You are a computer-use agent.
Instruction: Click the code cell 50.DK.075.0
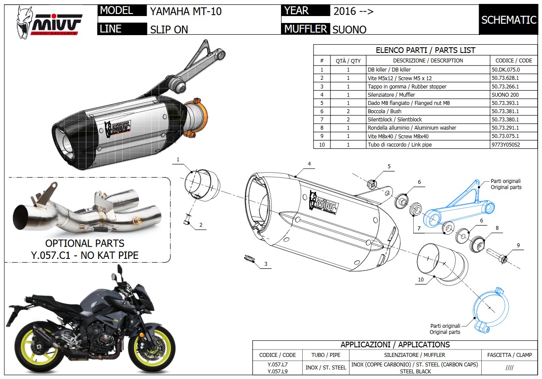[505, 69]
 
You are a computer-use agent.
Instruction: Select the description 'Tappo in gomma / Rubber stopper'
[407, 86]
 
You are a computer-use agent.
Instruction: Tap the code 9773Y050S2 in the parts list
[505, 144]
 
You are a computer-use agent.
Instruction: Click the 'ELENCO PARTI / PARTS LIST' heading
[425, 50]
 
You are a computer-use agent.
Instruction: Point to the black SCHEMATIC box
[509, 20]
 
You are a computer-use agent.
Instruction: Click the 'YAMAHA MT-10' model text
[186, 11]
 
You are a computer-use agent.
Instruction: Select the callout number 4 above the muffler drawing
[309, 164]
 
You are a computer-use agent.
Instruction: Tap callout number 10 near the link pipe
[421, 280]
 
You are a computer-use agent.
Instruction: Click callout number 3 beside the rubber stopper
[266, 264]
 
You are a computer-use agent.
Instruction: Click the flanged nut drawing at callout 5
[371, 183]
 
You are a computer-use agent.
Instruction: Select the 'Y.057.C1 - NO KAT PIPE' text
[85, 255]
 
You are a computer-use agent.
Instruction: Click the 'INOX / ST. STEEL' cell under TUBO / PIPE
[326, 367]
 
